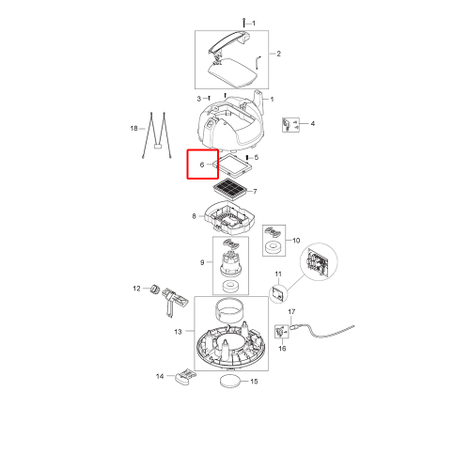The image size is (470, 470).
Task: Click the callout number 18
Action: pos(133,128)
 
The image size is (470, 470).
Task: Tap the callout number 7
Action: pos(255,191)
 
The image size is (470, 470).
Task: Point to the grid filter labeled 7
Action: pos(232,187)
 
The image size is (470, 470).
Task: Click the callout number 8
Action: pos(194,216)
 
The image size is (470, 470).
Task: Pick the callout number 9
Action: pos(202,262)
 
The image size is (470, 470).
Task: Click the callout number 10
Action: pos(296,241)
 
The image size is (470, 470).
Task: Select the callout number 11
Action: pos(278,274)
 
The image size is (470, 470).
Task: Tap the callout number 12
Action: pos(136,289)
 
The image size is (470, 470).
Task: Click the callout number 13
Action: pos(178,332)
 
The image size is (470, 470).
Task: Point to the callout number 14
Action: pos(160,376)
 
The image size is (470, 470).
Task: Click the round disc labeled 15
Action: pos(231,381)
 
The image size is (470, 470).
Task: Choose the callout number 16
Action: pos(282,349)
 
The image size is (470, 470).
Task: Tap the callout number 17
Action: pos(291,312)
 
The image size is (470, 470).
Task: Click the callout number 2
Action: pos(278,54)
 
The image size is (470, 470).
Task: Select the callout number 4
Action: pos(312,123)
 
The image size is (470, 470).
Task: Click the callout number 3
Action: pos(198,99)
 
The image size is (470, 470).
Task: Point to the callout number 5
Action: pos(257,157)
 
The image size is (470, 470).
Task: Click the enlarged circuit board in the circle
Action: pos(319,262)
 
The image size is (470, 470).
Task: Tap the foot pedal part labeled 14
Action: pos(185,376)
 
